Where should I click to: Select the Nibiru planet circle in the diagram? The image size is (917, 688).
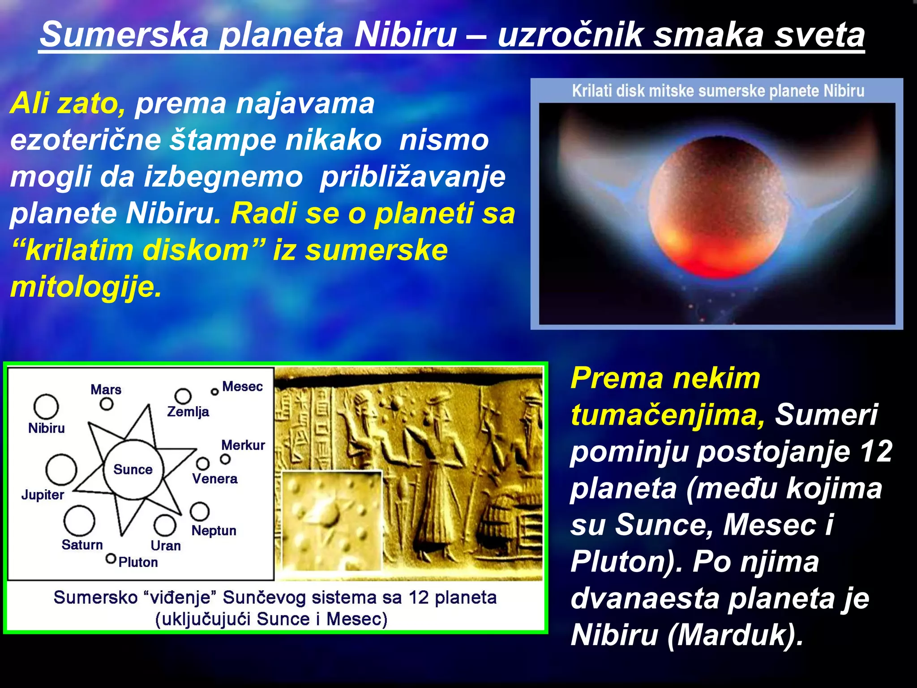tap(46, 406)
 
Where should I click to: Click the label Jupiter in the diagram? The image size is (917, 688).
tap(43, 495)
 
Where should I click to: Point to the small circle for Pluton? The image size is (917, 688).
tap(111, 559)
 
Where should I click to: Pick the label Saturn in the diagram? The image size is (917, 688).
tap(82, 545)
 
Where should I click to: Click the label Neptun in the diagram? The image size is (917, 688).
tap(214, 530)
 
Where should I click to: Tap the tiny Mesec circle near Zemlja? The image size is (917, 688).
tap(214, 392)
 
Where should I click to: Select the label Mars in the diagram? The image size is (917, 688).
tap(106, 389)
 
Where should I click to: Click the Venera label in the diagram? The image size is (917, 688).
tap(215, 478)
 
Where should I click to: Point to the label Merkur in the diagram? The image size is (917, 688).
tap(243, 445)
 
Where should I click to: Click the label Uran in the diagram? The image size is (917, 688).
tap(166, 546)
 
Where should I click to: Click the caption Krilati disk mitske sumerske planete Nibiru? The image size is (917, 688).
tap(718, 91)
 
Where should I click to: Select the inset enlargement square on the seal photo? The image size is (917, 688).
tap(332, 520)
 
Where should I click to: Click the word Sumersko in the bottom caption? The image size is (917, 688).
tap(95, 598)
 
